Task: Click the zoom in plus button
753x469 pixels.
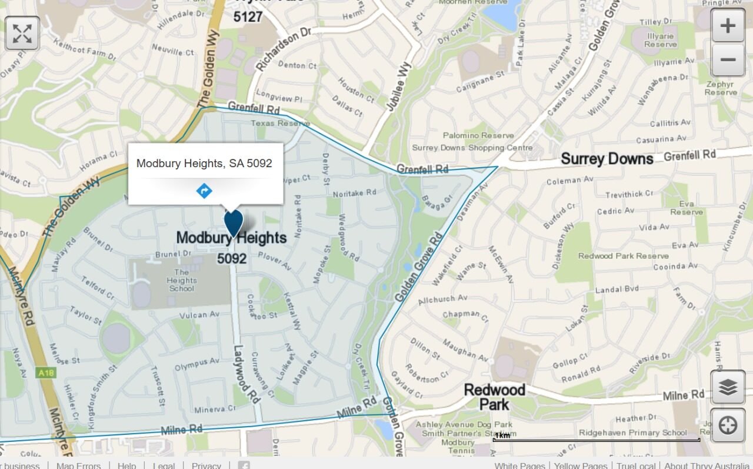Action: coord(728,26)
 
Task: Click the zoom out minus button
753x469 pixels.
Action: coord(728,59)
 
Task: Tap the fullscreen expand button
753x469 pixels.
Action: coord(22,33)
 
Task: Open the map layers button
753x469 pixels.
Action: coord(728,387)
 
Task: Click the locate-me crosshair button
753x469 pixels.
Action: coord(728,425)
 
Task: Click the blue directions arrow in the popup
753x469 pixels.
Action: coord(204,191)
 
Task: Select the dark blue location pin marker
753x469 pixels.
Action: coord(234,224)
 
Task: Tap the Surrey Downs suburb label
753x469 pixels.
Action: coord(607,159)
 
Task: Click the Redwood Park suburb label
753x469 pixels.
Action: coord(494,397)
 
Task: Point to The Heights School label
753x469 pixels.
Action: coord(181,280)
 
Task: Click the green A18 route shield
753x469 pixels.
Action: coord(45,372)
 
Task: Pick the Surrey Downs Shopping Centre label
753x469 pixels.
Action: coord(472,148)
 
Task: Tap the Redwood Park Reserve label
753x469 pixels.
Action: coord(623,256)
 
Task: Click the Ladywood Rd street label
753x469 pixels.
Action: coord(247,374)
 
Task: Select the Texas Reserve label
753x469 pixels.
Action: coord(280,124)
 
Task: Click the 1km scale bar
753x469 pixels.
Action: coord(596,438)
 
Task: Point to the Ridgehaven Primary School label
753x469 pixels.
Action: coord(632,433)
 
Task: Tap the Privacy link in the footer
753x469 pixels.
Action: coord(206,465)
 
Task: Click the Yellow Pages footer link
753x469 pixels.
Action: coord(580,465)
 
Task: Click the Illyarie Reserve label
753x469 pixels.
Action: coord(660,40)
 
